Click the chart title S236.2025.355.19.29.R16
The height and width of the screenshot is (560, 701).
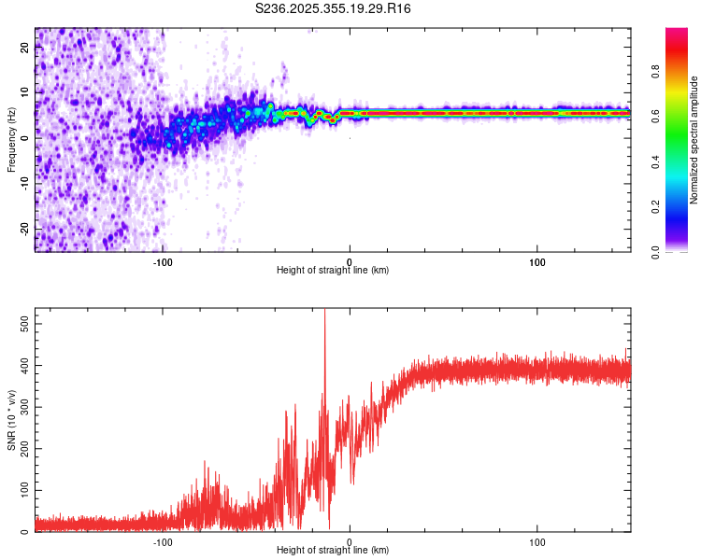[334, 8]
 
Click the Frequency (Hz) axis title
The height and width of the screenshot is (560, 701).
[11, 139]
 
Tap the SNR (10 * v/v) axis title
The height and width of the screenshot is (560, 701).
[11, 420]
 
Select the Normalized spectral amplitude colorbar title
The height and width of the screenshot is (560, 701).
[694, 139]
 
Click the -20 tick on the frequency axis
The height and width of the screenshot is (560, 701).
[24, 228]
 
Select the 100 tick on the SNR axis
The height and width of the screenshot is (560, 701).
[21, 490]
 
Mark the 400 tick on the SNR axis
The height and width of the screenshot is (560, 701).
[21, 364]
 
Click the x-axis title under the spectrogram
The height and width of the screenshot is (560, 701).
[333, 270]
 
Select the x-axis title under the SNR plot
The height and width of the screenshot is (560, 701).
[333, 550]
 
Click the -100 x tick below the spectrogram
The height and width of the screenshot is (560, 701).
[163, 261]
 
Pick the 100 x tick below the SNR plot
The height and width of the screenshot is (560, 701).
[537, 541]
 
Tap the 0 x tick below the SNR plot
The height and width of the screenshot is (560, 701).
[350, 541]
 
